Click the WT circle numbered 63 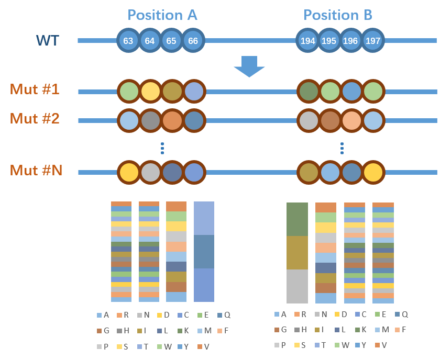[128, 40]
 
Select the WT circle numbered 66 [193, 40]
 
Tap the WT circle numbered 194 [307, 40]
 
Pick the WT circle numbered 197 [373, 40]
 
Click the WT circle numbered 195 [329, 40]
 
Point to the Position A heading [162, 15]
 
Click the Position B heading [338, 15]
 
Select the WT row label [48, 40]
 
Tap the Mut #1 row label [35, 89]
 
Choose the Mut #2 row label [35, 118]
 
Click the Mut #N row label [36, 170]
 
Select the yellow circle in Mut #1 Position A [150, 92]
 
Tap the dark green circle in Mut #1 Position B [309, 92]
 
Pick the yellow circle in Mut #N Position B [373, 172]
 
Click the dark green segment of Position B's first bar [297, 219]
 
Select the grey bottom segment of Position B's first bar [297, 286]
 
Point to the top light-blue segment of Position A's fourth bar [204, 218]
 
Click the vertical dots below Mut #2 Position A [162, 148]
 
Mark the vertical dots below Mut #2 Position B [342, 148]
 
